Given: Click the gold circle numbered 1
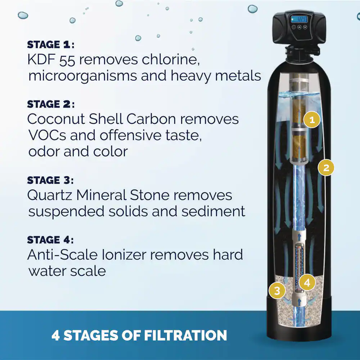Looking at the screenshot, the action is [312, 120].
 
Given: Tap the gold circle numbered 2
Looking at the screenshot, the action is [326, 168].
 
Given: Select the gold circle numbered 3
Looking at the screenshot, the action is [277, 291].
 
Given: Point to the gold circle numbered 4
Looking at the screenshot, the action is [307, 283].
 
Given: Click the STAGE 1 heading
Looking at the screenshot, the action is [51, 45].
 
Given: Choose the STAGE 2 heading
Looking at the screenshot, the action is [51, 104].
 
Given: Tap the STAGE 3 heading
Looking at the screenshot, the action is [50, 180].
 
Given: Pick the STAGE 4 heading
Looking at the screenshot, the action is [50, 240].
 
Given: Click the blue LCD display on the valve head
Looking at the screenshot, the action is [299, 19].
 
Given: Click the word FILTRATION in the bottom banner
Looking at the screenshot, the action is [185, 335].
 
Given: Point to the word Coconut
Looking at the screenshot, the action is [56, 119].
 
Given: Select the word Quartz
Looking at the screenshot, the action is [50, 195].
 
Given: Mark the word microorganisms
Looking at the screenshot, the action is [82, 76].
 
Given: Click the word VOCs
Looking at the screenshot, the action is [47, 135].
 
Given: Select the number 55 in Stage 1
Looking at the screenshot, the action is [67, 60].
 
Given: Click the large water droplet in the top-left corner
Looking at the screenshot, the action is [23, 15].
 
